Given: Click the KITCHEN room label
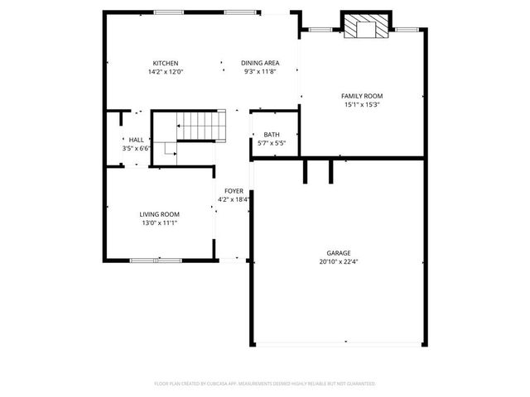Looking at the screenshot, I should (x=165, y=64).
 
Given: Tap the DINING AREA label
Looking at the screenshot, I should (x=259, y=64).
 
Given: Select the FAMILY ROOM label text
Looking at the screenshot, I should (x=362, y=96).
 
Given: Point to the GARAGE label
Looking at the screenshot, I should (x=338, y=253).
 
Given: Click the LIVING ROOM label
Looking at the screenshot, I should (x=159, y=214).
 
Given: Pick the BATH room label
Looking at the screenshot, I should (x=272, y=135).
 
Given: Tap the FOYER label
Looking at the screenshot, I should (x=234, y=191).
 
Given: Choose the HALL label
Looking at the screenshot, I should (x=135, y=141).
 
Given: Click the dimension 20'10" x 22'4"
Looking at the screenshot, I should (x=338, y=261).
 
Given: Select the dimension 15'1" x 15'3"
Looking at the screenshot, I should (x=362, y=105).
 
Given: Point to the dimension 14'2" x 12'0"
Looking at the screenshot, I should (x=165, y=72).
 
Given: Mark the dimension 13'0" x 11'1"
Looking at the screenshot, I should (x=159, y=222).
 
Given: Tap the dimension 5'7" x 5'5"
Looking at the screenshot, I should (x=272, y=143).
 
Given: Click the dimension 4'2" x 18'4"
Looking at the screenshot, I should (x=234, y=199).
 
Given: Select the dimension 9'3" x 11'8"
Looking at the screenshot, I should (x=259, y=72).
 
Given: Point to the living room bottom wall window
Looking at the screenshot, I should (x=156, y=261).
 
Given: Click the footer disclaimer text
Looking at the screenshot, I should (x=265, y=384).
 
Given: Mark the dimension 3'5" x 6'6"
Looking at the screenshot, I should (x=135, y=149).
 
